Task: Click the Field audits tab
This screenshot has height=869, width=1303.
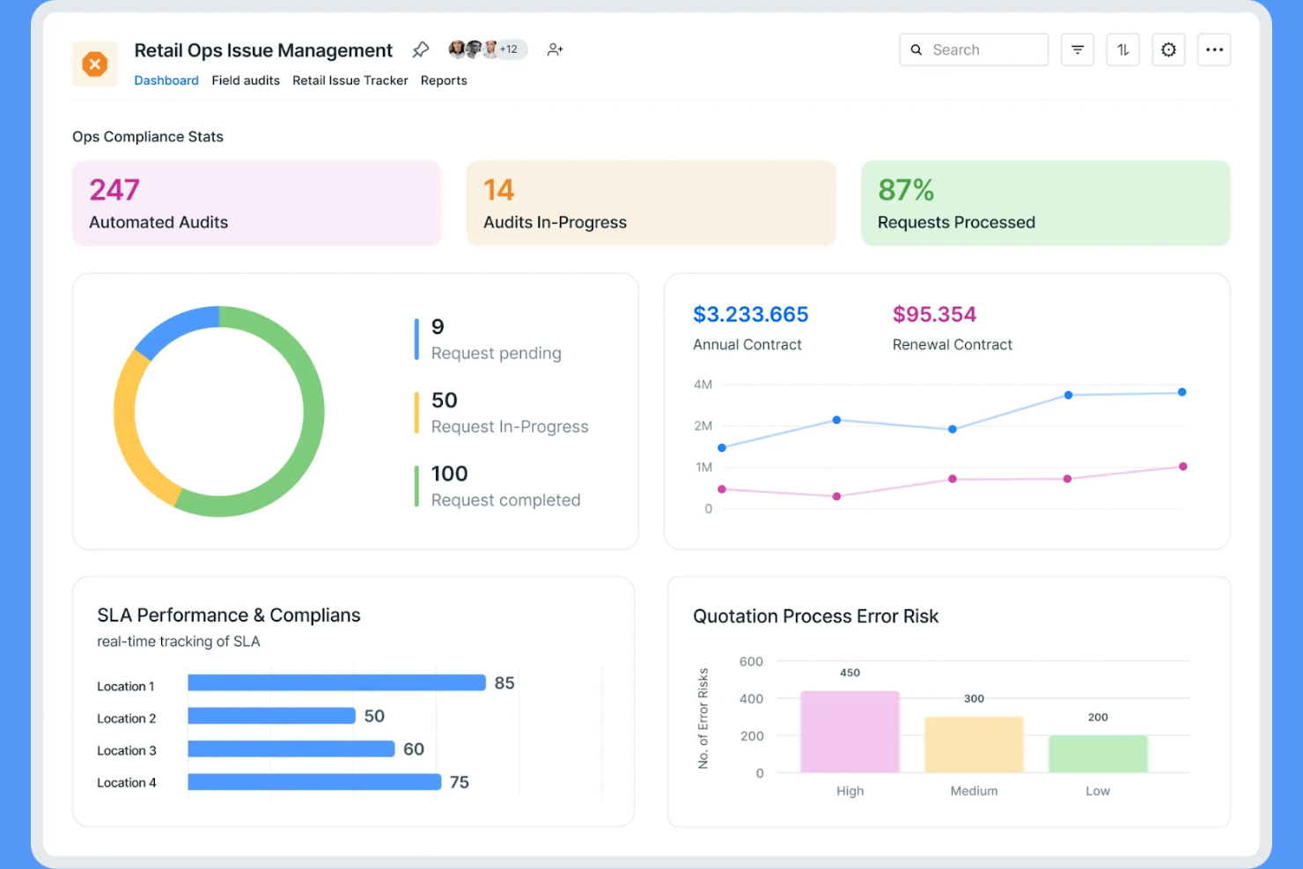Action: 246,80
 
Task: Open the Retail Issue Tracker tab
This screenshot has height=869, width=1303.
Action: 350,80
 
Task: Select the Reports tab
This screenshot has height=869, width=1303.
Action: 444,80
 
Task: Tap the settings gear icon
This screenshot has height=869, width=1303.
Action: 1168,50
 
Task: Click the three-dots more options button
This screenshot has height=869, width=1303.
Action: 1214,50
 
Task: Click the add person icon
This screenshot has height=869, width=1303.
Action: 555,50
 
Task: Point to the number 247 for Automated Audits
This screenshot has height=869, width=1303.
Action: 114,190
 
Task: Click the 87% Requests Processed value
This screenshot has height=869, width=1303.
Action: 906,190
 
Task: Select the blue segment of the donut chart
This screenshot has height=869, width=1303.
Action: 174,329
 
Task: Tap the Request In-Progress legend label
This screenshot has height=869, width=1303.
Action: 510,427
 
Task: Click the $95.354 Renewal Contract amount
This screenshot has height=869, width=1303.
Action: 934,314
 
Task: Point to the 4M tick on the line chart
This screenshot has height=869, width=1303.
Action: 703,385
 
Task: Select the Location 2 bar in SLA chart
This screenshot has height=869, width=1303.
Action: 271,716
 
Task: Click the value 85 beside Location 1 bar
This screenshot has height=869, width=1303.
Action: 504,683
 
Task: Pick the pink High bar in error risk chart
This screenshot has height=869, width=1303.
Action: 850,732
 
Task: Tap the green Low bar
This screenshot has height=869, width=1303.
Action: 1098,754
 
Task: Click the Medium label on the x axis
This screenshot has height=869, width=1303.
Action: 974,791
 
